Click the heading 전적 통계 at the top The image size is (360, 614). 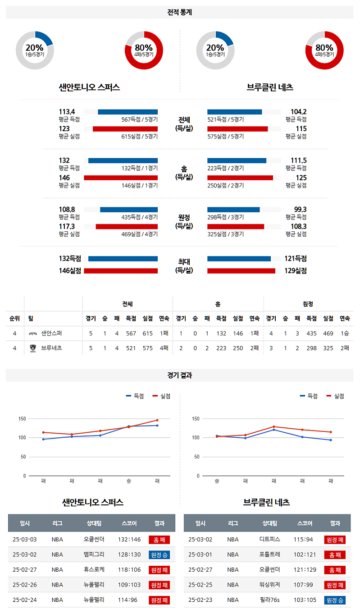179,12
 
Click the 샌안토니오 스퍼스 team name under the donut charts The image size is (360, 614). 89,87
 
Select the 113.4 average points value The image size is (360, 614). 67,112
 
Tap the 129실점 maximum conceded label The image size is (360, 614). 296,271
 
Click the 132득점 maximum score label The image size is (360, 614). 70,259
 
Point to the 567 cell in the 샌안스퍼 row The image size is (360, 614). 131,334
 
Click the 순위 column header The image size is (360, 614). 14,318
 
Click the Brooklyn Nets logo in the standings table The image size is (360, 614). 32,348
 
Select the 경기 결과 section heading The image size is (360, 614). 179,375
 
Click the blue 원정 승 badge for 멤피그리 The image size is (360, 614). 159,554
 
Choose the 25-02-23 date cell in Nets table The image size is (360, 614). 201,600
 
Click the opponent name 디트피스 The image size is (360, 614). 270,539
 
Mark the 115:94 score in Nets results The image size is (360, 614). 305,539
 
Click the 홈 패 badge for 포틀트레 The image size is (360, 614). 335,554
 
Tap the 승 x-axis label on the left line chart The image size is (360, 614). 129,481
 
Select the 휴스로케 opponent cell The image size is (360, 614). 94,570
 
